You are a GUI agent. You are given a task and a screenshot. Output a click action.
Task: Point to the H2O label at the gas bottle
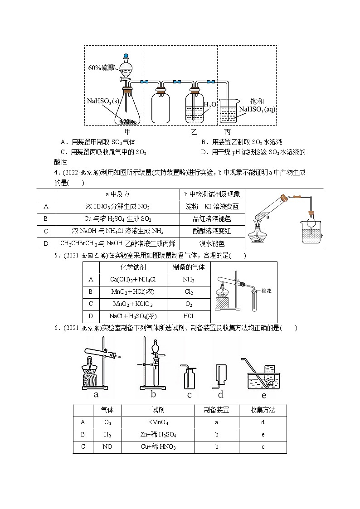tap(210, 105)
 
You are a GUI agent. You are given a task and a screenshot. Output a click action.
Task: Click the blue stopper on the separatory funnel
tap(127, 56)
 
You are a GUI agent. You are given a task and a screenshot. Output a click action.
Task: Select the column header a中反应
tap(117, 194)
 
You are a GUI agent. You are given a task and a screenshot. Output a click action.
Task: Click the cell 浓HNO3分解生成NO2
tap(117, 206)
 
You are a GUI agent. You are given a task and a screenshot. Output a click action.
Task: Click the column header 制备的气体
tap(189, 267)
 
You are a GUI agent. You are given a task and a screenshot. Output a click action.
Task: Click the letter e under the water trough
tap(263, 394)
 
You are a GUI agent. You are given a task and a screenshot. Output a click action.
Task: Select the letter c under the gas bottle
tap(189, 394)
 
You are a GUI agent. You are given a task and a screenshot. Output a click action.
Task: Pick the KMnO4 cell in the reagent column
tap(158, 422)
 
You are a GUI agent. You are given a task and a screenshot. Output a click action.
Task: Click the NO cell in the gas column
tap(108, 447)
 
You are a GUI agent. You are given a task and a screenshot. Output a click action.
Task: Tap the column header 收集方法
tap(263, 410)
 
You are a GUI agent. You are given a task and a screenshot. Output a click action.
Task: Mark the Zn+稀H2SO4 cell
tap(158, 435)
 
